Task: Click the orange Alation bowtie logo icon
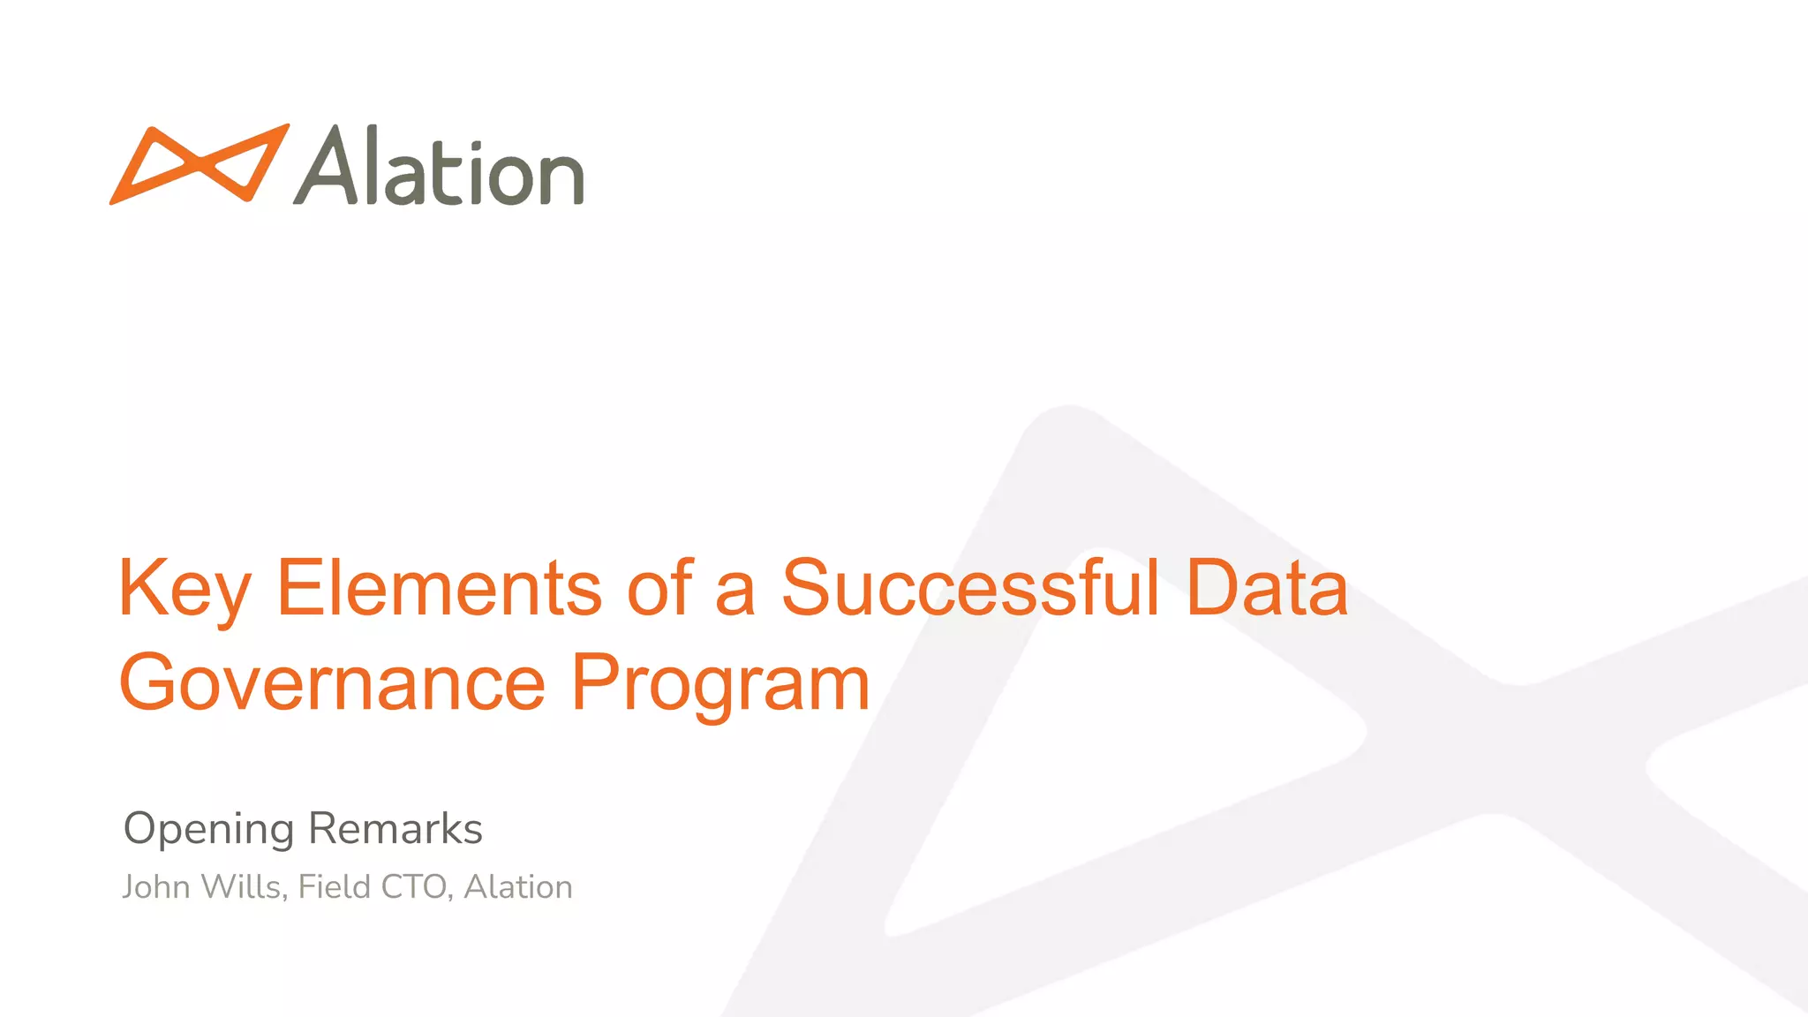coord(199,164)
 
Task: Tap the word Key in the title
coord(185,590)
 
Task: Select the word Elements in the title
coord(440,588)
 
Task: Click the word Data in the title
coord(1267,588)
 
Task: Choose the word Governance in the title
coord(333,683)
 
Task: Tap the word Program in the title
coord(720,685)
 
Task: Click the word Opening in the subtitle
coord(208,830)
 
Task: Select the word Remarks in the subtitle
coord(395,828)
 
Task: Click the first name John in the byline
coord(156,886)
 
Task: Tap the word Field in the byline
coord(335,886)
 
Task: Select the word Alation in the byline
coord(518,886)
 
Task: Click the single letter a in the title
coord(734,599)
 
